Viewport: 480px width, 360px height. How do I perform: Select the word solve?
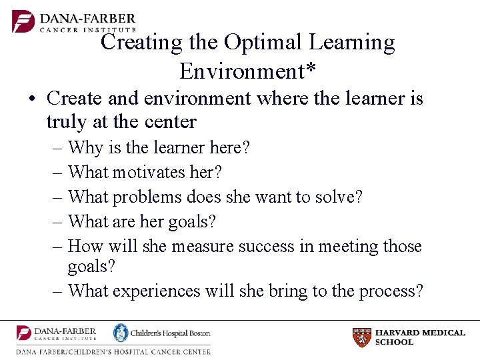(339, 197)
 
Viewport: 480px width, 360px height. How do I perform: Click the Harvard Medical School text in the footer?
(420, 337)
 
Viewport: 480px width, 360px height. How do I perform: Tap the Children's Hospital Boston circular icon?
(121, 333)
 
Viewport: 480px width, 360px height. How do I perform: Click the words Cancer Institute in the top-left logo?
(88, 29)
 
